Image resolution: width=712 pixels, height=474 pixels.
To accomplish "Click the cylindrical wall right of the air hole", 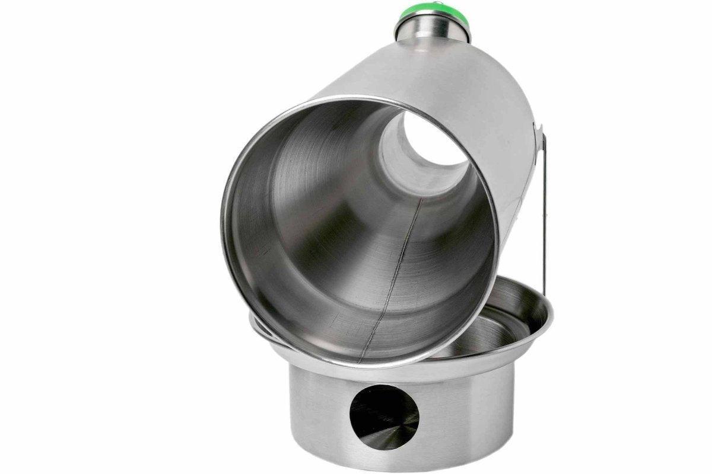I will pos(469,415).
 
